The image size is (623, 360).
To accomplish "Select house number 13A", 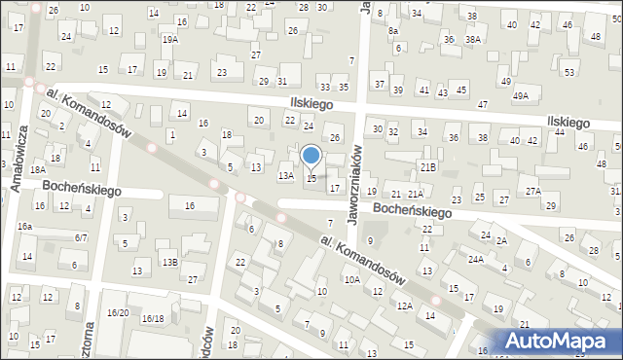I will [285, 176].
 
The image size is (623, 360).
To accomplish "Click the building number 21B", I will [427, 166].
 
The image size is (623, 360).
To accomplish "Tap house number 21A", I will [416, 195].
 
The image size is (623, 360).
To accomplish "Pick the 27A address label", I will [532, 192].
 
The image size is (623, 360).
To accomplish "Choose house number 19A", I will [170, 40].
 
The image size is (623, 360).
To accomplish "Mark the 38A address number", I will [472, 40].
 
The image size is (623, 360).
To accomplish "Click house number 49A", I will [521, 95].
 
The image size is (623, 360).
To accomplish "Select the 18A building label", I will [37, 170].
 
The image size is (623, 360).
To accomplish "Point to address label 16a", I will [24, 227].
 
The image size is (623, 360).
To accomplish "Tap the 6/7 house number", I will [82, 237].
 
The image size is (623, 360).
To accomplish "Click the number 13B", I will [170, 263].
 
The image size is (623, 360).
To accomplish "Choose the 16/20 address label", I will [118, 312].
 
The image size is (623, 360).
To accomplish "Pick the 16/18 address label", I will [153, 318].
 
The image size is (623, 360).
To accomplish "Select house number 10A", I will [351, 279].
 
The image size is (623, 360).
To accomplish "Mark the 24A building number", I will [475, 260].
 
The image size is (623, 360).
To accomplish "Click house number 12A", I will [404, 306].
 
